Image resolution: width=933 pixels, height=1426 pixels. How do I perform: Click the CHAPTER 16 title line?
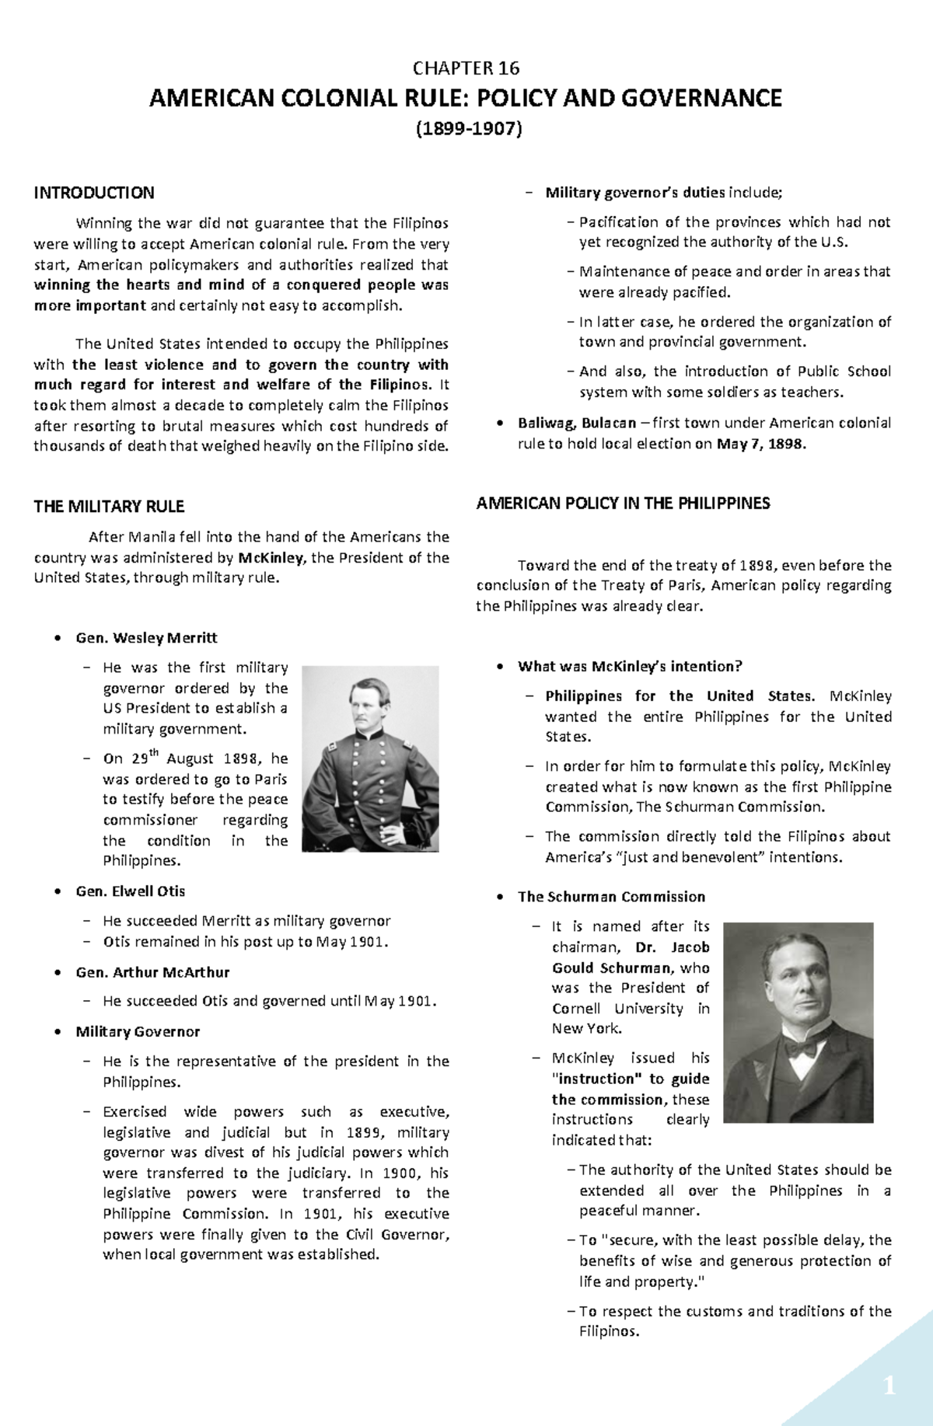pyautogui.click(x=466, y=68)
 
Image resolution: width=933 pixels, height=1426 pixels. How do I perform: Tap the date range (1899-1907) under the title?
pyautogui.click(x=466, y=128)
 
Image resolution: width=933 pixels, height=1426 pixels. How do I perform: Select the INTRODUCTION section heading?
pyautogui.click(x=94, y=193)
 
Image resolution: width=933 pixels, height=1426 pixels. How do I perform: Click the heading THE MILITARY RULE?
pyautogui.click(x=109, y=507)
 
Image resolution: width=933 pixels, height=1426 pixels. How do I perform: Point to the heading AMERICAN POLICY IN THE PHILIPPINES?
pyautogui.click(x=623, y=504)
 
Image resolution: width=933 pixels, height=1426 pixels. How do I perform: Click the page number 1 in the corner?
pyautogui.click(x=889, y=1386)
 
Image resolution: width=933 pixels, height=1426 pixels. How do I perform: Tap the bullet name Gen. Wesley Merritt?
pyautogui.click(x=146, y=638)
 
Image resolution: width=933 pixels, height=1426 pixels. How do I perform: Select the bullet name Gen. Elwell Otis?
pyautogui.click(x=130, y=891)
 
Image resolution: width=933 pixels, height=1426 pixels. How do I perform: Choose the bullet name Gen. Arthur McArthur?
pyautogui.click(x=152, y=972)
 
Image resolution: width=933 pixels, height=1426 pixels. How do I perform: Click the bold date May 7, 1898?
pyautogui.click(x=761, y=444)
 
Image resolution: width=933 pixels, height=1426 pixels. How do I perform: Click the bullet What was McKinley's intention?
pyautogui.click(x=630, y=667)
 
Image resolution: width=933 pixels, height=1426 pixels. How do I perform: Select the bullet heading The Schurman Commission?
pyautogui.click(x=611, y=897)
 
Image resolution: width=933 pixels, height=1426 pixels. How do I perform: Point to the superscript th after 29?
pyautogui.click(x=154, y=752)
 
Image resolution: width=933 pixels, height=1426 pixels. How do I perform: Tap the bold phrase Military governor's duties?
pyautogui.click(x=635, y=193)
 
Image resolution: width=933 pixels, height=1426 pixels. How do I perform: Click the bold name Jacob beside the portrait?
pyautogui.click(x=690, y=947)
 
